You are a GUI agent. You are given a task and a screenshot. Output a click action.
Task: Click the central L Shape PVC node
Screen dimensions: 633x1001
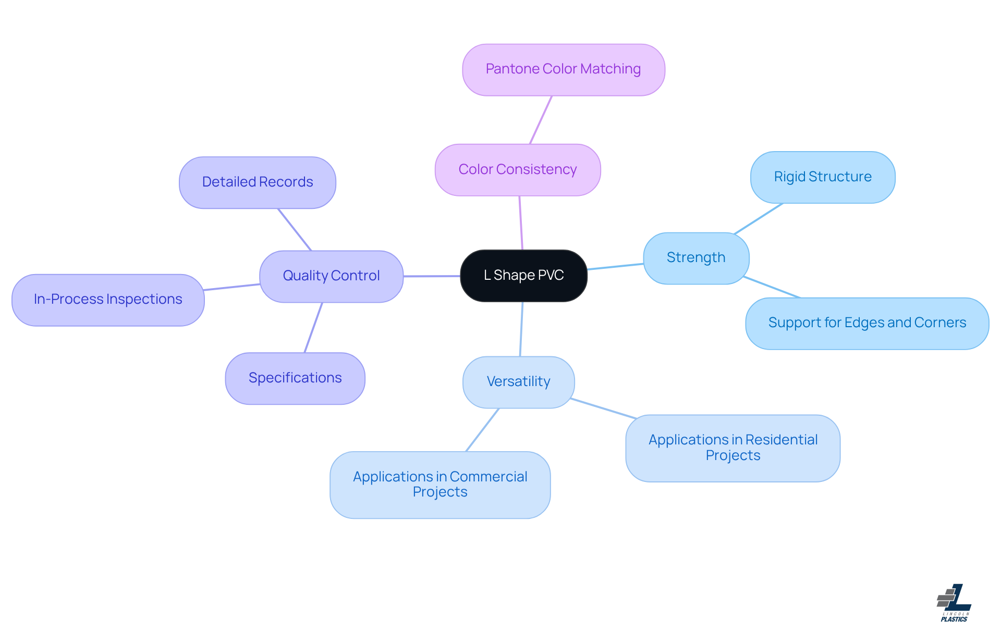point(523,276)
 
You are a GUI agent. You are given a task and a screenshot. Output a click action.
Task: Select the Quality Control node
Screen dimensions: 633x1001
point(331,276)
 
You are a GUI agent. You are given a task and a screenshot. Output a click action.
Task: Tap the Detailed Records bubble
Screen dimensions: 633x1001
point(257,182)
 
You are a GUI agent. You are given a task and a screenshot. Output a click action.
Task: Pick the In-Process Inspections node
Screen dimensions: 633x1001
point(108,300)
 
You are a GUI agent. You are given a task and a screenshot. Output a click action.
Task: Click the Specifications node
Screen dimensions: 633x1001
point(295,378)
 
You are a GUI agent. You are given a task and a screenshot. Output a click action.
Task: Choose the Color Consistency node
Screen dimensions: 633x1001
point(517,170)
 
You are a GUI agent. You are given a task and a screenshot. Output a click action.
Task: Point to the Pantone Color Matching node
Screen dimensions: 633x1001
point(563,69)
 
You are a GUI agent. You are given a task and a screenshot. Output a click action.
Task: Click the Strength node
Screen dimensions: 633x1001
point(695,258)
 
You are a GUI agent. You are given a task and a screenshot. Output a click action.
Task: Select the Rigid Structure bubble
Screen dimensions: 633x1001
point(822,177)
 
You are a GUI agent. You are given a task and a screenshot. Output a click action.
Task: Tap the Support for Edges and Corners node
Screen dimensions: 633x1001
point(866,323)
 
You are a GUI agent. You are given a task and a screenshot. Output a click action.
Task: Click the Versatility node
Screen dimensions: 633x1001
point(518,382)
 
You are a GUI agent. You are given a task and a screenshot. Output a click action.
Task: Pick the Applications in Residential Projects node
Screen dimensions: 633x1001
point(733,448)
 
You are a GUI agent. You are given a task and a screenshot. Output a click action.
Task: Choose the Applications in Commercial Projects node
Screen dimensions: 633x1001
point(440,485)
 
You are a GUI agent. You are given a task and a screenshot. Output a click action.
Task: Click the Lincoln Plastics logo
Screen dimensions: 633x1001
point(954,603)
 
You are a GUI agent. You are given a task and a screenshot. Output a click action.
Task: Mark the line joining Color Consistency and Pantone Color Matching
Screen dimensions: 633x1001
point(541,120)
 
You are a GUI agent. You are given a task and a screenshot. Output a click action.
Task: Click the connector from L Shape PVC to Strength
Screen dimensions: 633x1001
point(615,267)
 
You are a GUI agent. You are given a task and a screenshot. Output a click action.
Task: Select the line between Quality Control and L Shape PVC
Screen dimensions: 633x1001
point(432,276)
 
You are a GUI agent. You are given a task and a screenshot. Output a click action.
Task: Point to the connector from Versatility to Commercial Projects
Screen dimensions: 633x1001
point(482,430)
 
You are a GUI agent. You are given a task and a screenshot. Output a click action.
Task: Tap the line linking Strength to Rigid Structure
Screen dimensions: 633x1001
point(759,218)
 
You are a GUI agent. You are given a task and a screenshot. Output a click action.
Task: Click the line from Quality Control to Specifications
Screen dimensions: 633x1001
point(313,328)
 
